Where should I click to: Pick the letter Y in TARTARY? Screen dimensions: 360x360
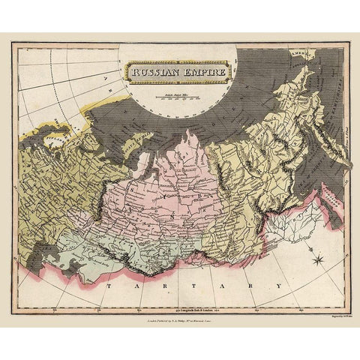pyautogui.click(x=278, y=286)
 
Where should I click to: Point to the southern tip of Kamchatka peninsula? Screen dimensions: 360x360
pyautogui.click(x=348, y=164)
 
